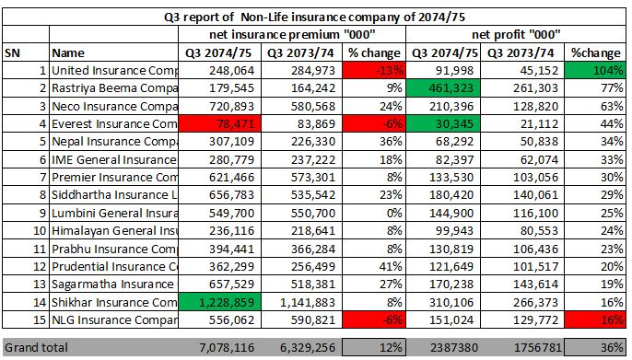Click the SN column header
coord(13,52)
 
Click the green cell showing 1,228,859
coord(221,302)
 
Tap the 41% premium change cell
coord(374,266)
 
